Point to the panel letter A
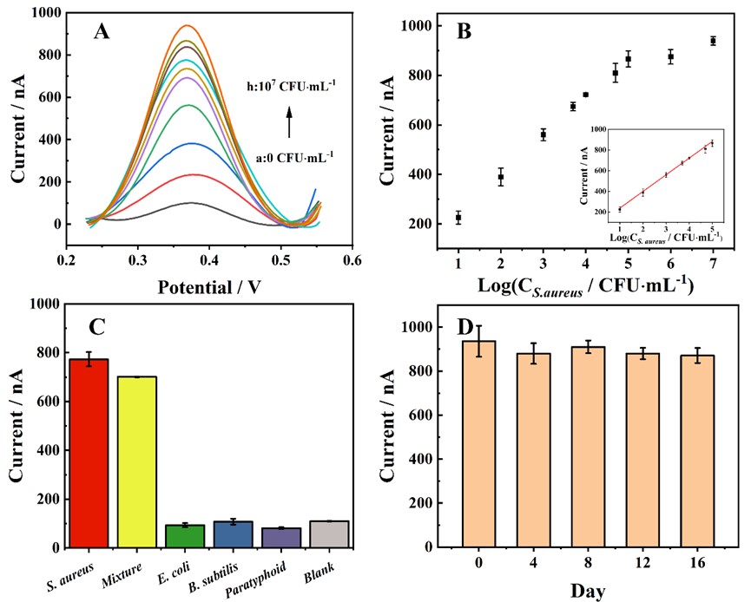coord(102,33)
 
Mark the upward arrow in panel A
coord(289,121)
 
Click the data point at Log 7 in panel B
coord(713,41)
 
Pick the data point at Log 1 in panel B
coord(458,217)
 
